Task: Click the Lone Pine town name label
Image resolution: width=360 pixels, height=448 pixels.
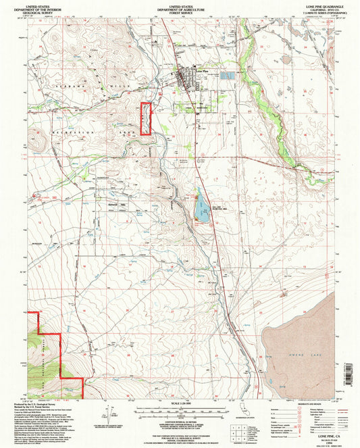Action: [201, 70]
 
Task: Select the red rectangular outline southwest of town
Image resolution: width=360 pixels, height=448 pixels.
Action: [145, 118]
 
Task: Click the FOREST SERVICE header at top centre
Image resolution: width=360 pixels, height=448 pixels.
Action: [180, 11]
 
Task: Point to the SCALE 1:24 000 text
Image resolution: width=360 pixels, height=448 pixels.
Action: [180, 403]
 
